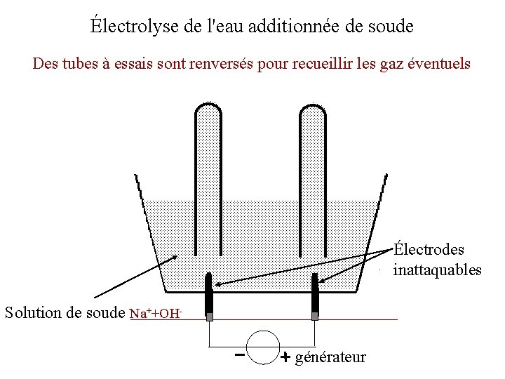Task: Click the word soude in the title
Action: pos(391,27)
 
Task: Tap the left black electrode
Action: pos(209,295)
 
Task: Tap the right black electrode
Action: pos(315,295)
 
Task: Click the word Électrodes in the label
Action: pos(429,250)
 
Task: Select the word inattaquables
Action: pos(438,270)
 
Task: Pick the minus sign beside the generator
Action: pos(240,355)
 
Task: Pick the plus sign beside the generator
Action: pos(285,357)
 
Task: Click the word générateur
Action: pos(330,358)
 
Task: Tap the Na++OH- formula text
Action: pos(156,313)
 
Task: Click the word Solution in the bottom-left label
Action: pos(32,312)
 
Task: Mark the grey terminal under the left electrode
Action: pos(209,317)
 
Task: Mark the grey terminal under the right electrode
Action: pos(315,317)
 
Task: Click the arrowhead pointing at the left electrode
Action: pos(218,284)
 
